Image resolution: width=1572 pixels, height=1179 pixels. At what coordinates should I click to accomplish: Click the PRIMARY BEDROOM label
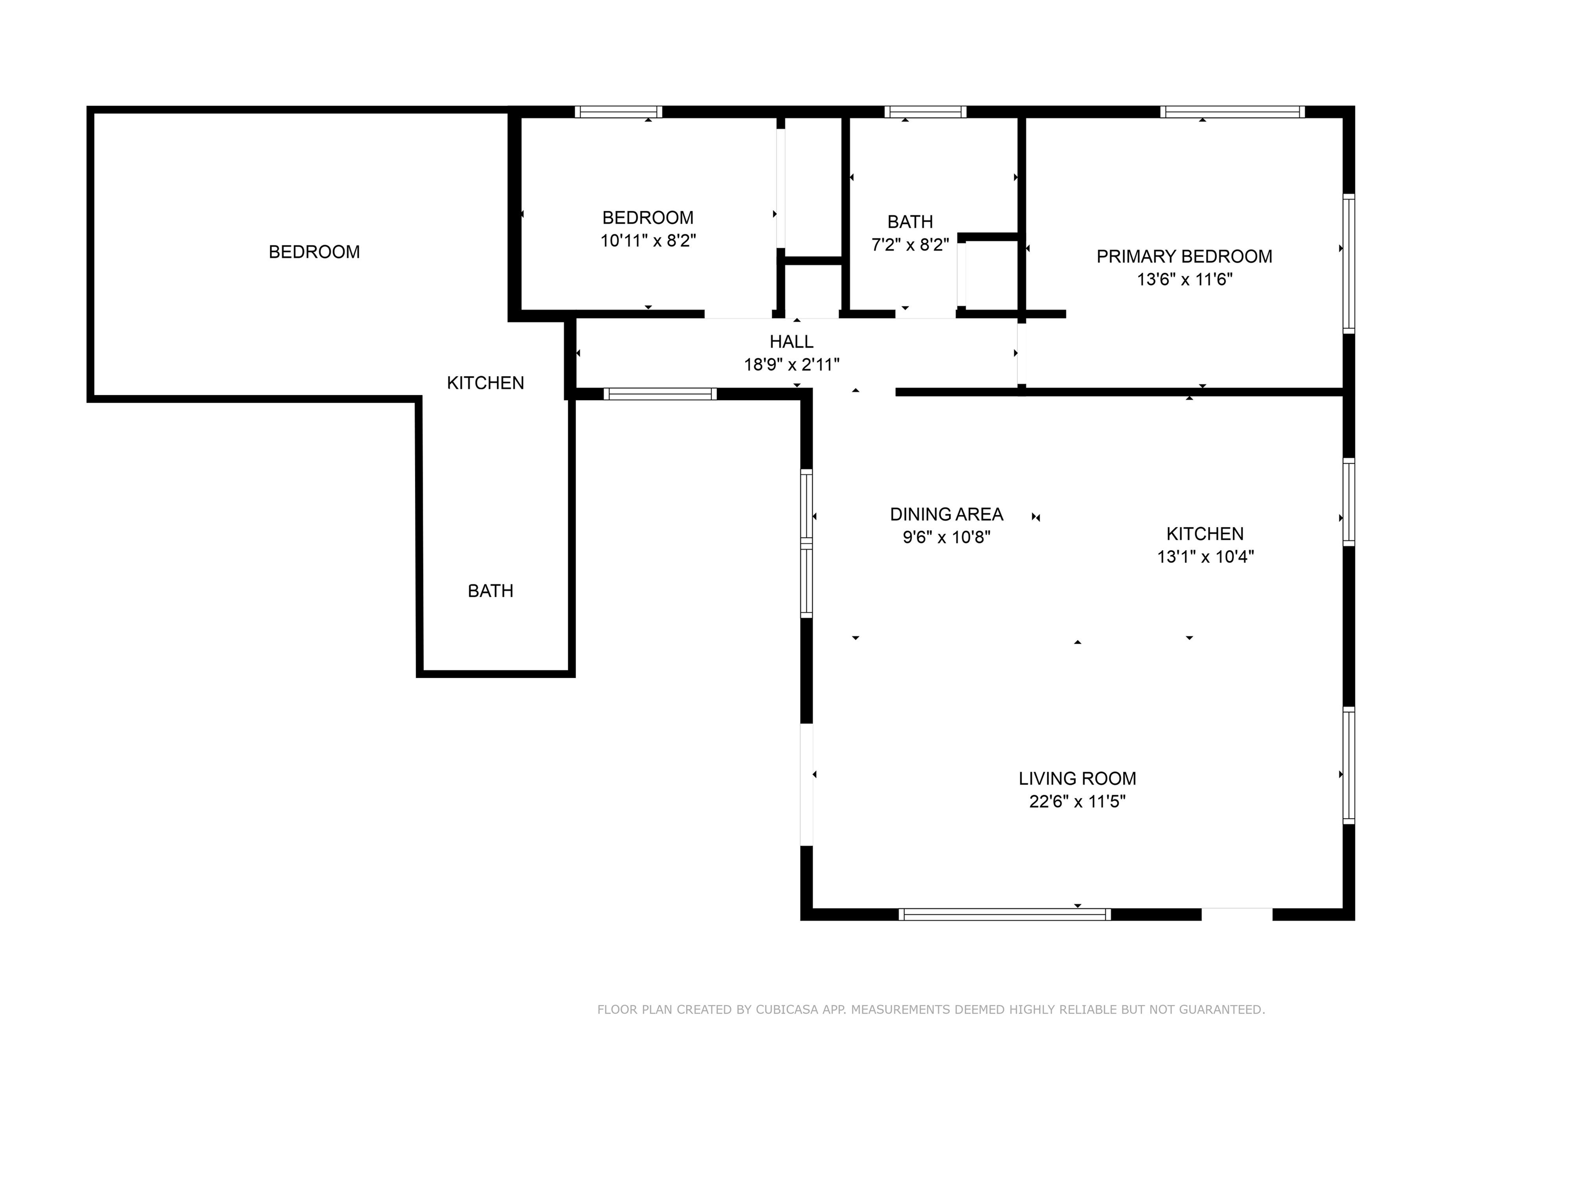[x=1184, y=256]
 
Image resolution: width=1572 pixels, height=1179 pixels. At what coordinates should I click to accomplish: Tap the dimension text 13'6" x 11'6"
[x=1184, y=279]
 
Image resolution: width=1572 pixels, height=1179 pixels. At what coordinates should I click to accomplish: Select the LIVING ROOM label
[x=1077, y=778]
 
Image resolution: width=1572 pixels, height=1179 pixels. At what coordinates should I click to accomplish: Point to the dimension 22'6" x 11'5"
[x=1077, y=802]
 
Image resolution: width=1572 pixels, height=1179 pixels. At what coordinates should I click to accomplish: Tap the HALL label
[x=791, y=342]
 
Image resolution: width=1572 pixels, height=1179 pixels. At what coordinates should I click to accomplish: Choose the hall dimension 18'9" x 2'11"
[x=791, y=364]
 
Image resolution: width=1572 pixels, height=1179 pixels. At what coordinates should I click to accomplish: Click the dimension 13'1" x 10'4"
[x=1205, y=556]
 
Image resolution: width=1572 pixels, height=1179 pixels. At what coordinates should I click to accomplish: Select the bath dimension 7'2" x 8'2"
[x=910, y=245]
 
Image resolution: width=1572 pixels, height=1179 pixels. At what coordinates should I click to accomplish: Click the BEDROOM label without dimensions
[x=314, y=252]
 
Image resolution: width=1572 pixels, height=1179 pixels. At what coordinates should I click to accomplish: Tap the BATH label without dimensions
[x=490, y=591]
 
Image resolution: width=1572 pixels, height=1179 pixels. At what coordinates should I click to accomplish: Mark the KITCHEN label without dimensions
[x=486, y=383]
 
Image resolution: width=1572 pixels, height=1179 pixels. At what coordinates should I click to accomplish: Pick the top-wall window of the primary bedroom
[x=1232, y=112]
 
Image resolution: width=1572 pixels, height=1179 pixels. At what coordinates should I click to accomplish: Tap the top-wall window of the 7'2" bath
[x=925, y=112]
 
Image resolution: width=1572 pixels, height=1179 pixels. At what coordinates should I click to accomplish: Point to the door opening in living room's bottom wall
[x=1236, y=914]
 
